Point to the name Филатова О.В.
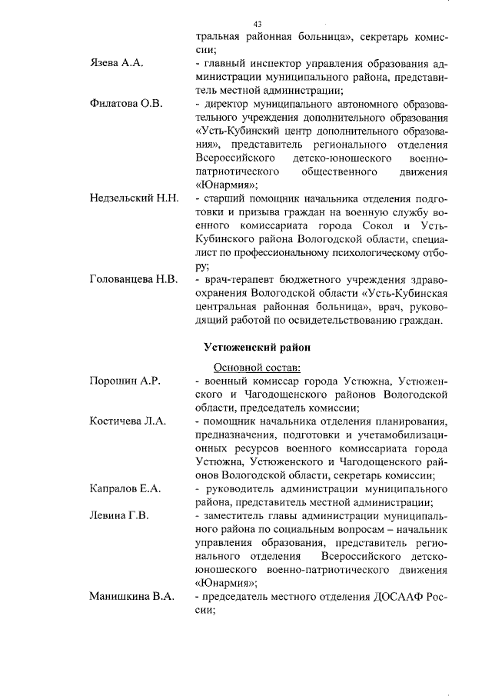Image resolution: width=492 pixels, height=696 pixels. [x=126, y=104]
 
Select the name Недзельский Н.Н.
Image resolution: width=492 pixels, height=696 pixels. [x=134, y=198]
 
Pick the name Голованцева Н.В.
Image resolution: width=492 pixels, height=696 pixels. [x=134, y=278]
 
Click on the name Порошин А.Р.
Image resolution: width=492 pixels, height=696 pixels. [x=125, y=381]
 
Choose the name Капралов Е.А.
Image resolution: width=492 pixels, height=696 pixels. [x=125, y=488]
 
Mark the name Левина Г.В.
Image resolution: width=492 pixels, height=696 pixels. [x=118, y=515]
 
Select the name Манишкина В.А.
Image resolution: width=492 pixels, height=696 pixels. [x=131, y=596]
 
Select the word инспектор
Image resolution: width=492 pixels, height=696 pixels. [x=283, y=65]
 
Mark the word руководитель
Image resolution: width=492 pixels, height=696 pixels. [x=244, y=489]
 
